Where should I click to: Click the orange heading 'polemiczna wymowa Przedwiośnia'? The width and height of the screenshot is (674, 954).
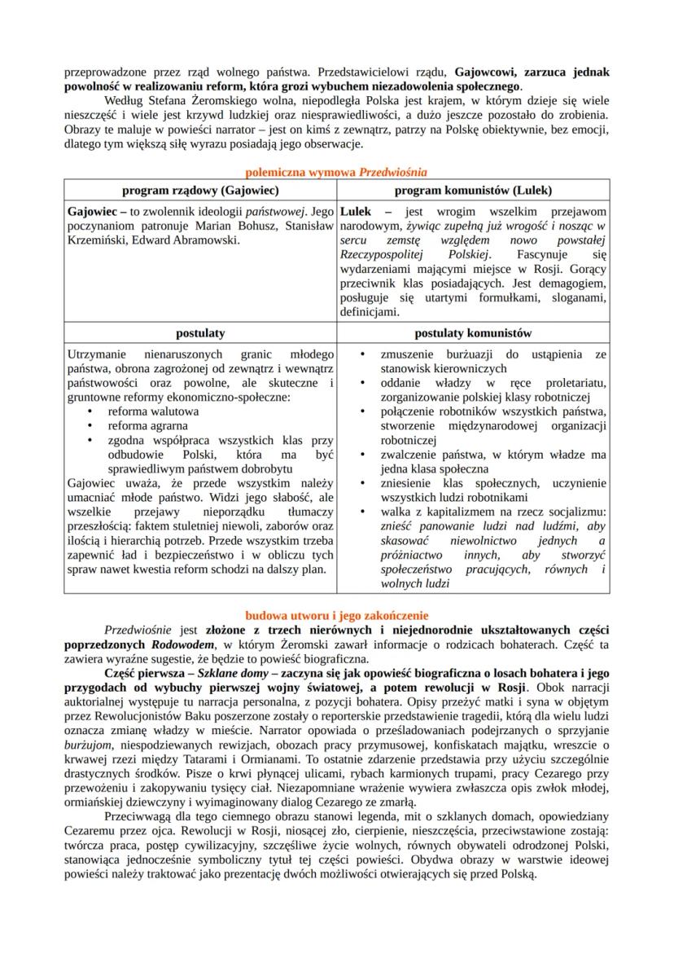tap(336, 172)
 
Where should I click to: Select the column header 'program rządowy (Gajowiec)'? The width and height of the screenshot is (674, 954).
tap(200, 190)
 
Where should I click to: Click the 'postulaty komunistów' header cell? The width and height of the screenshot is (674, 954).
tap(472, 333)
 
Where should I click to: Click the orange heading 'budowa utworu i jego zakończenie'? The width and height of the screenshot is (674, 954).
tap(336, 615)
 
